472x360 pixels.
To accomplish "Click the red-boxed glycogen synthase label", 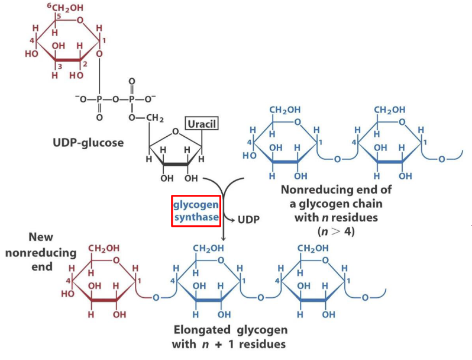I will pos(196,211).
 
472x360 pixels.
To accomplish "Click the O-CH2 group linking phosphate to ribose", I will pos(147,118).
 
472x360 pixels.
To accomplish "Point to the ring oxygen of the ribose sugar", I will pos(175,133).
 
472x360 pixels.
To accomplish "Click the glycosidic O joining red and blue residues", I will pos(155,297).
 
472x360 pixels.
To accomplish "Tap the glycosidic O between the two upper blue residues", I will pos(337,159).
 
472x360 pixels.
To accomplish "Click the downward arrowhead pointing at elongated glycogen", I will pos(222,238).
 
